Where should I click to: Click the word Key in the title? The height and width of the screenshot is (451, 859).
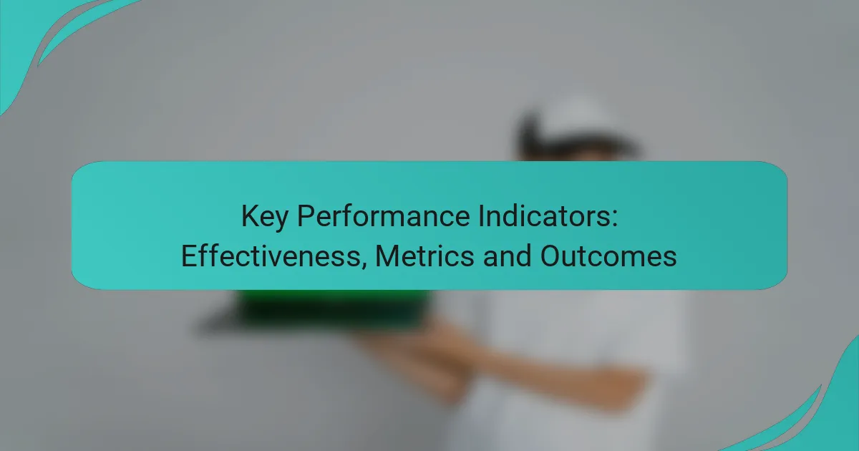point(265,217)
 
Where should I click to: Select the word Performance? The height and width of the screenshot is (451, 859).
point(384,216)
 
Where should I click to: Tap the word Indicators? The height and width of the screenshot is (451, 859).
point(544,216)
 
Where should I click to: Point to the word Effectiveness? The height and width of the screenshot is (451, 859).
point(271,256)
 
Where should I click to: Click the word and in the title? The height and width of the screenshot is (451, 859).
point(507,256)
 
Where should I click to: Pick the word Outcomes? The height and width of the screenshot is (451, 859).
point(608,256)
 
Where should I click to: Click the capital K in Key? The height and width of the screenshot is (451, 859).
point(251,216)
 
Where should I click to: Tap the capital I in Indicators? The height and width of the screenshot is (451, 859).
point(481,216)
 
